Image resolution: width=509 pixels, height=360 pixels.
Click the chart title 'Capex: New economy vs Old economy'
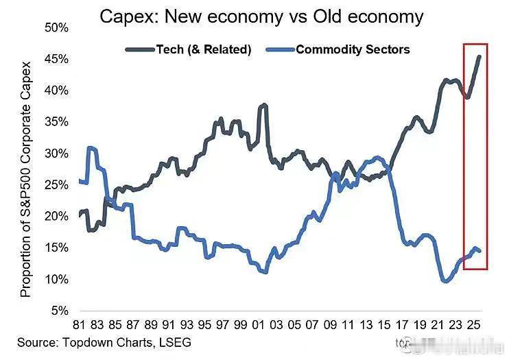tap(261, 16)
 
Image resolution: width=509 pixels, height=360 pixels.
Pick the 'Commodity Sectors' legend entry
tap(353, 49)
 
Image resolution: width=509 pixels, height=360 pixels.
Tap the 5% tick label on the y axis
tap(59, 311)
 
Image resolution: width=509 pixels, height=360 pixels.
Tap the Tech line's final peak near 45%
tap(479, 57)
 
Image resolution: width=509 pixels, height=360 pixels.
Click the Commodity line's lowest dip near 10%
tap(445, 280)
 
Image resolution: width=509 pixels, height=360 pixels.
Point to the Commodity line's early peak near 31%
tap(91, 147)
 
